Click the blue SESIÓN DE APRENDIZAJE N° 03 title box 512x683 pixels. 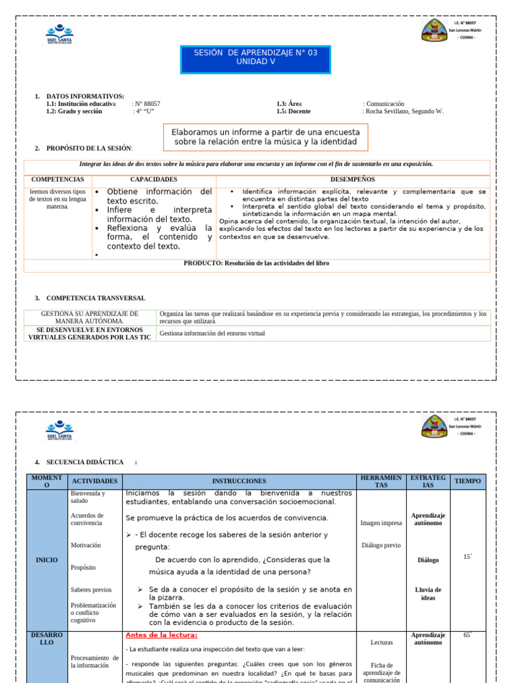[x=256, y=60]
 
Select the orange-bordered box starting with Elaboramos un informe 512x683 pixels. [x=265, y=137]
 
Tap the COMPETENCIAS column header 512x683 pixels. [x=57, y=179]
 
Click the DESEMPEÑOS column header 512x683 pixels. [x=352, y=179]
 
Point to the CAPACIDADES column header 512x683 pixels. [x=153, y=179]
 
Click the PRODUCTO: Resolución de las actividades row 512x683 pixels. [x=257, y=263]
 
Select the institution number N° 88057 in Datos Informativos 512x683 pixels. [x=147, y=104]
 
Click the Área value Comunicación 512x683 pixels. [x=385, y=104]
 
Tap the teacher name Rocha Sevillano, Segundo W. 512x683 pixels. [x=404, y=111]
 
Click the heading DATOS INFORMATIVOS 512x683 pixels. [x=85, y=97]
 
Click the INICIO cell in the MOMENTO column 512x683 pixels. [x=47, y=560]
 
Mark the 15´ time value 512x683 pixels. [x=467, y=556]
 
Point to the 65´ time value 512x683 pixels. [x=467, y=636]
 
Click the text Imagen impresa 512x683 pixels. [x=381, y=524]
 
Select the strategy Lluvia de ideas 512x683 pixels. [x=428, y=594]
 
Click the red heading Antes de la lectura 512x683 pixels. [x=152, y=635]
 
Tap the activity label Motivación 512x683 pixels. [x=86, y=545]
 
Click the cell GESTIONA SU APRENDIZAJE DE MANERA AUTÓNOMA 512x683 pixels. [x=90, y=317]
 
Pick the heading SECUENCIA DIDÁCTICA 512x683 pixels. [x=85, y=462]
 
